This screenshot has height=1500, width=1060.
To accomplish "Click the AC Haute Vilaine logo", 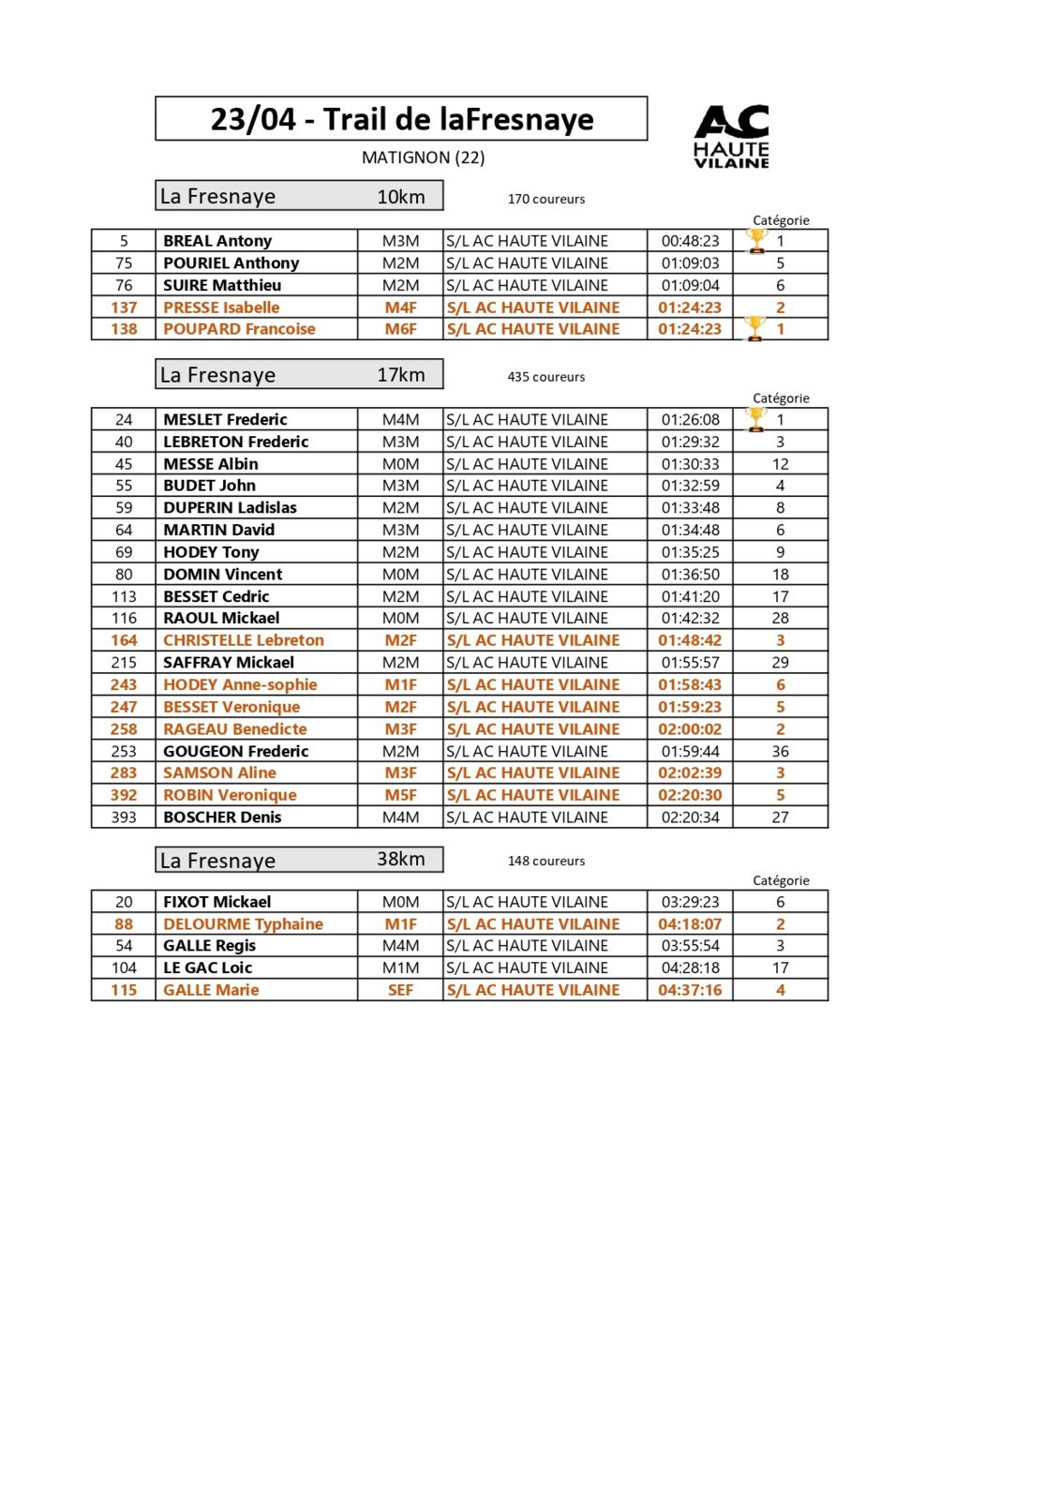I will click(x=731, y=137).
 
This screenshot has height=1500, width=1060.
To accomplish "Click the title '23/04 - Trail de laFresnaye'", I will click(x=401, y=119).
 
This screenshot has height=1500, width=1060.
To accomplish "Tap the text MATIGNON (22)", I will click(x=423, y=157).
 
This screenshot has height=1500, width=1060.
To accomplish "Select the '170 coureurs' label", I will click(x=545, y=199).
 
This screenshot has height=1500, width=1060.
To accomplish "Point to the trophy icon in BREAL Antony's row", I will click(x=756, y=241).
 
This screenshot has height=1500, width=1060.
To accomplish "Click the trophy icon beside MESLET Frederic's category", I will click(x=755, y=419).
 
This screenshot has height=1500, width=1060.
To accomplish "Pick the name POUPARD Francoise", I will click(x=239, y=329).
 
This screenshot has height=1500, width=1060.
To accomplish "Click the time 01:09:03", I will click(x=690, y=263).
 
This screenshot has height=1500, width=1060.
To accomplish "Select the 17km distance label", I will click(x=400, y=375).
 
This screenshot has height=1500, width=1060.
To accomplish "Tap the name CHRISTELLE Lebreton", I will click(x=243, y=640).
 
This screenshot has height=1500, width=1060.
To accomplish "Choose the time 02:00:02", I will click(x=690, y=729).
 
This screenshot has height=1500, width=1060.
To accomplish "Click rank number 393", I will click(x=124, y=817).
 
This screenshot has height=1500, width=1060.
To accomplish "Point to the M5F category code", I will click(x=400, y=795).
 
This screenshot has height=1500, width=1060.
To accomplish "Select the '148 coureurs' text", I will click(x=545, y=861).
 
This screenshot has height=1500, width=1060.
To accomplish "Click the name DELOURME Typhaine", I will click(x=243, y=924).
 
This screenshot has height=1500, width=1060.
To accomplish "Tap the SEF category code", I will click(x=400, y=990).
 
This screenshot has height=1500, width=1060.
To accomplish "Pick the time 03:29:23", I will click(x=690, y=902).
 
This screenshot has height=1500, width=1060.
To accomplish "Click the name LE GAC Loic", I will click(x=207, y=968).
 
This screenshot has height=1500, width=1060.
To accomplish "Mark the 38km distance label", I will click(x=400, y=859).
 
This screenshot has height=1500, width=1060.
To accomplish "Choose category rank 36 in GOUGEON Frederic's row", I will click(x=780, y=751).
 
